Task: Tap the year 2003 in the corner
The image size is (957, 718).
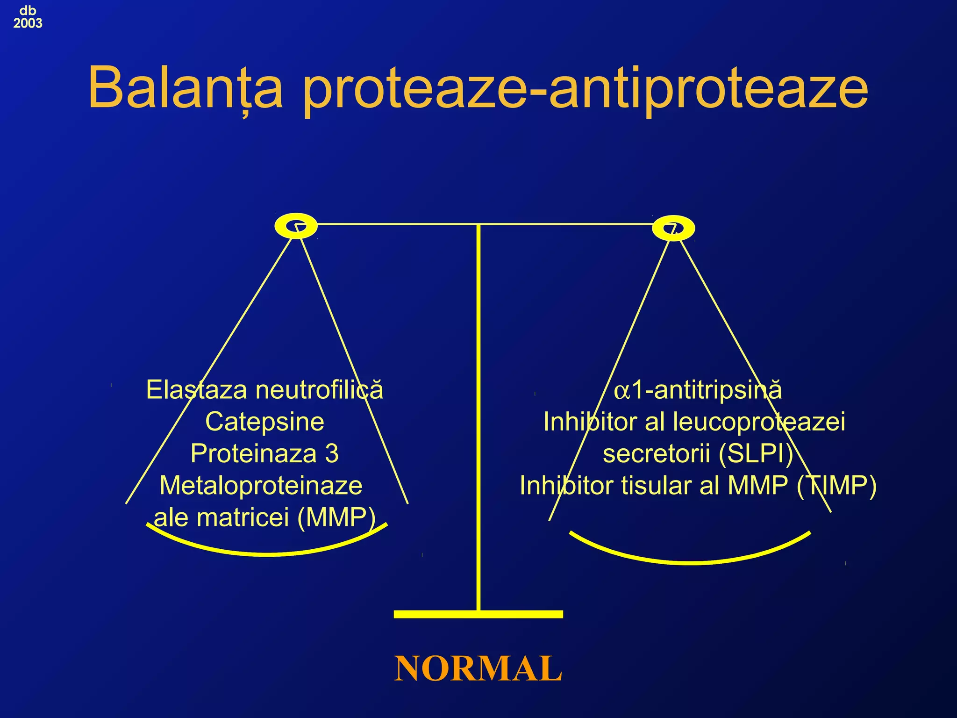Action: point(28,23)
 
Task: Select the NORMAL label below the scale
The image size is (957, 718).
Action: point(478,668)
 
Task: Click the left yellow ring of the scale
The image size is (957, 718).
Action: point(296,226)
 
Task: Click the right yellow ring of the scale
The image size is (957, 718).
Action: point(673,229)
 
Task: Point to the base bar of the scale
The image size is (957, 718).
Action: point(478,614)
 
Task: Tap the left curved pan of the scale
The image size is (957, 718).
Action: point(267,553)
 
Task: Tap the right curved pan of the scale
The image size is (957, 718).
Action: point(691,561)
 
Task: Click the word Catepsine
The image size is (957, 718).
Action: point(264,422)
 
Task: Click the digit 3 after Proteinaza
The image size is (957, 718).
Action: point(332,453)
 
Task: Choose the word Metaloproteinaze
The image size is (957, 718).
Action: point(261,485)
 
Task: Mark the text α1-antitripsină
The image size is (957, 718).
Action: point(698,390)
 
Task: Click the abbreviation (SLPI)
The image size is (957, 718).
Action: point(756,453)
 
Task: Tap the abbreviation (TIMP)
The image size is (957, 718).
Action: point(836,485)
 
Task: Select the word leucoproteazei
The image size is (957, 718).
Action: point(759,422)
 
